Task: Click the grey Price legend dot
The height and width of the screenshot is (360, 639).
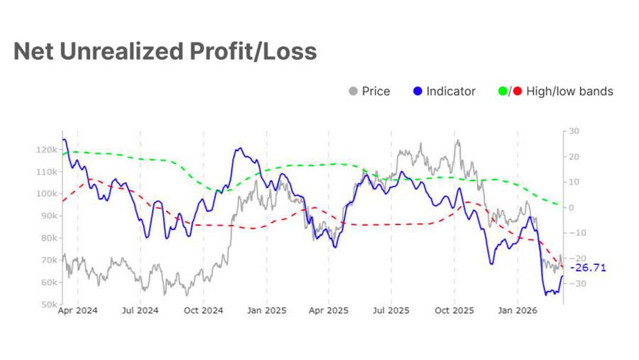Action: [x=353, y=91]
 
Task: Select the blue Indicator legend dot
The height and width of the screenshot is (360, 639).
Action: [x=417, y=91]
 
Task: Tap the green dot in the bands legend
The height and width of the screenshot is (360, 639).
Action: [x=503, y=91]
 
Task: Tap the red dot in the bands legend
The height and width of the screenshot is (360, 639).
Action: [x=517, y=91]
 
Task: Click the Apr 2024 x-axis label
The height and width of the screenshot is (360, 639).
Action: [x=78, y=311]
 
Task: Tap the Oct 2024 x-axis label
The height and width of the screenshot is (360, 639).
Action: [x=203, y=311]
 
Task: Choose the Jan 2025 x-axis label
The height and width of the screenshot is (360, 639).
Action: [x=266, y=311]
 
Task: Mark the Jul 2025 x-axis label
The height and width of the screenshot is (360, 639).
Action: [x=391, y=311]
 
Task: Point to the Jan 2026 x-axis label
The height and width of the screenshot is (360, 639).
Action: [x=516, y=311]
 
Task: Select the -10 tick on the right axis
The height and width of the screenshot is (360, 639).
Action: [x=573, y=233]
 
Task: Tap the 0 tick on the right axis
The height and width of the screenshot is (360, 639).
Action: [x=571, y=207]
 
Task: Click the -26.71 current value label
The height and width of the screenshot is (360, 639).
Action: [x=588, y=268]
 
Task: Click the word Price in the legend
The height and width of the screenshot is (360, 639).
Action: [x=376, y=91]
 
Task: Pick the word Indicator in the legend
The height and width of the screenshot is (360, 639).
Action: [x=451, y=91]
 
